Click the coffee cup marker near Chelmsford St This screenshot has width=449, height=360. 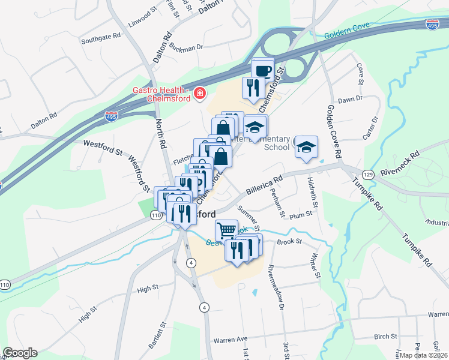coord(262,70)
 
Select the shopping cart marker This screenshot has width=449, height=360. coord(226,230)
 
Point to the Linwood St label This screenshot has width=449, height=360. coord(142,26)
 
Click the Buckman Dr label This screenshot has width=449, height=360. coord(185,47)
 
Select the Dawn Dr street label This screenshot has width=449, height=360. coord(351,100)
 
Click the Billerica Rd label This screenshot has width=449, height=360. coord(264,185)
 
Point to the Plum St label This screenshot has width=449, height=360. coord(301,214)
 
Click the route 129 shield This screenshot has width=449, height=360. coord(368,174)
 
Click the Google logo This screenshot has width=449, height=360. coord(20,353)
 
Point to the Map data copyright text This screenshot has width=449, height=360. coord(424,355)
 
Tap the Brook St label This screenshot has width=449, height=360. coord(289,242)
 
